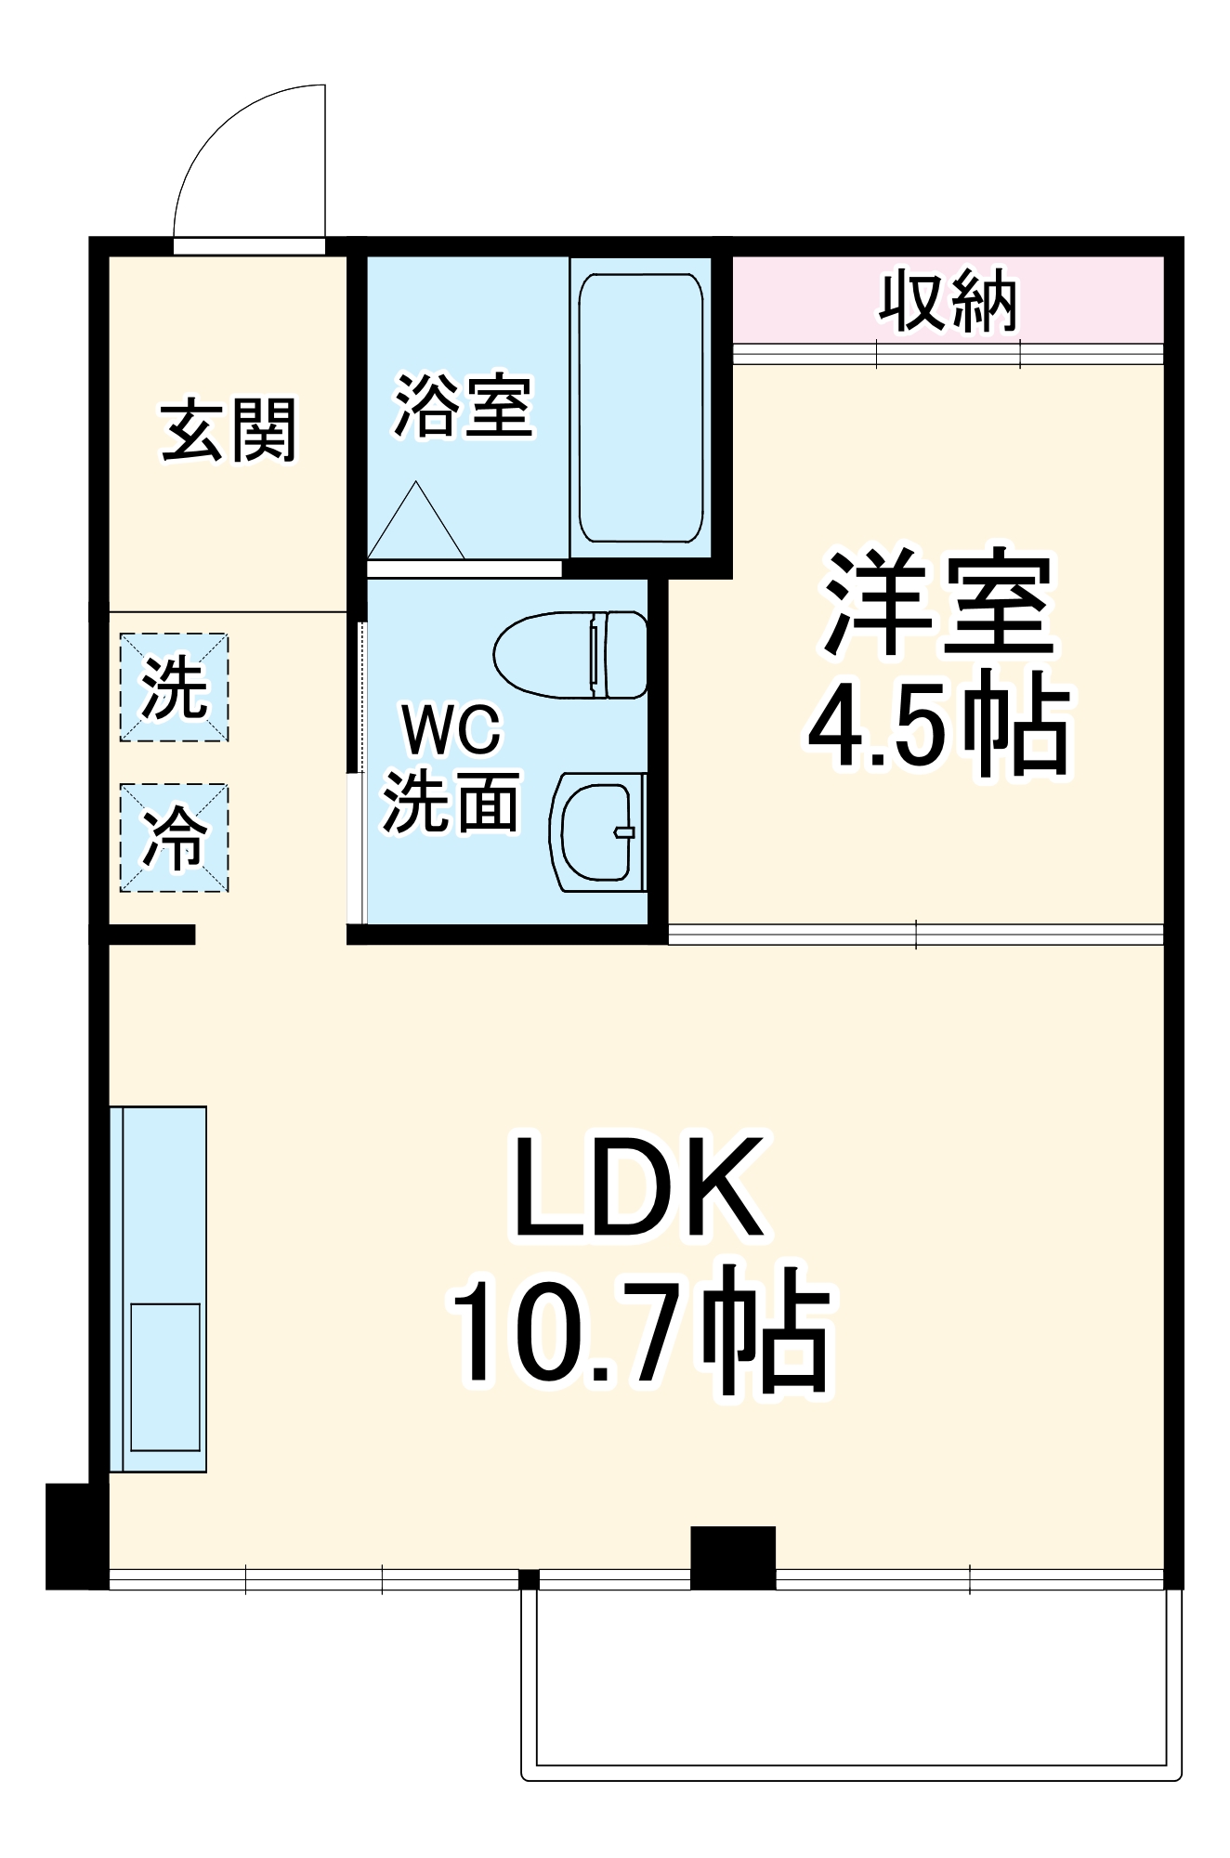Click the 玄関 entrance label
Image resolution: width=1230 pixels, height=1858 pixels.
(x=229, y=430)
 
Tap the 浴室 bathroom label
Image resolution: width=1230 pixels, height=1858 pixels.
(x=464, y=406)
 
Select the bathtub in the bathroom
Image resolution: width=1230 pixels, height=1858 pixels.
(x=641, y=408)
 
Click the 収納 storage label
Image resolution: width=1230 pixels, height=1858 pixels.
(x=948, y=301)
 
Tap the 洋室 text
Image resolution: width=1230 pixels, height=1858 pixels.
(x=939, y=604)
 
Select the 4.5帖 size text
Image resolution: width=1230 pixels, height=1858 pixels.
(x=939, y=726)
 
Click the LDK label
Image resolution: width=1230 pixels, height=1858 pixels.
(x=640, y=1190)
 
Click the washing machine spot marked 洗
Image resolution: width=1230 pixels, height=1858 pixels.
(x=175, y=687)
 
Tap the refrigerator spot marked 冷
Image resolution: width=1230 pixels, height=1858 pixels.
(x=175, y=838)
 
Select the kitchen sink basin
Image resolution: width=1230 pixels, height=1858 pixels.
(x=165, y=1376)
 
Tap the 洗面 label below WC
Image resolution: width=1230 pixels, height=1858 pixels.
(x=451, y=801)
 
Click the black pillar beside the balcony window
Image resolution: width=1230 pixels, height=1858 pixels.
(x=732, y=1558)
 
